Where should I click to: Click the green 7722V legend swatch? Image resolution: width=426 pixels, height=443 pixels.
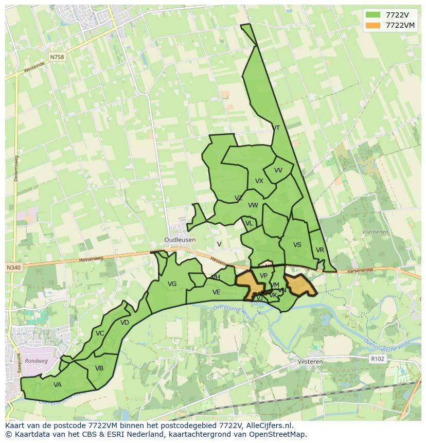pos(372,15)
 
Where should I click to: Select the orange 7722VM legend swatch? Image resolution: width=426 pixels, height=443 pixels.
pos(372,25)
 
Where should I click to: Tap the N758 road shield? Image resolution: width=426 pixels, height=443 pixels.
pos(58,57)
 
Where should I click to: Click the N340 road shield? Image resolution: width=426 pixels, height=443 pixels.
pos(14,268)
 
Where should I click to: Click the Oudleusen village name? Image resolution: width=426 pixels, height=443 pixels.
pos(180,240)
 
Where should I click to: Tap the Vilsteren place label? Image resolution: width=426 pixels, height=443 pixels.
pos(310,362)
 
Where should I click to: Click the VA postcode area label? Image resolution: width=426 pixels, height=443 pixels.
pos(58,384)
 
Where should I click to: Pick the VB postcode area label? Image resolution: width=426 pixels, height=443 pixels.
pos(99,368)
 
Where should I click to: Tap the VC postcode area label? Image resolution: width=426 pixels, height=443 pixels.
pos(100,333)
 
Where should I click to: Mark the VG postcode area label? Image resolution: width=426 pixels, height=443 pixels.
pos(172,284)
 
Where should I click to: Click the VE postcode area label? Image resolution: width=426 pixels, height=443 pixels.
pos(217,292)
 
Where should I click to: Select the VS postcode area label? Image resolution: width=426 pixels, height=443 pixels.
pos(297,245)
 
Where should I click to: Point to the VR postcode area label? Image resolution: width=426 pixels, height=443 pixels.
pos(320,250)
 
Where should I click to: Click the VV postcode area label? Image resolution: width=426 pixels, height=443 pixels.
pos(278,170)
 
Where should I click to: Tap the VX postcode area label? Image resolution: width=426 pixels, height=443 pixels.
pos(259,181)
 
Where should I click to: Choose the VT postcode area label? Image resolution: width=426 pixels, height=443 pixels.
pos(276,128)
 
